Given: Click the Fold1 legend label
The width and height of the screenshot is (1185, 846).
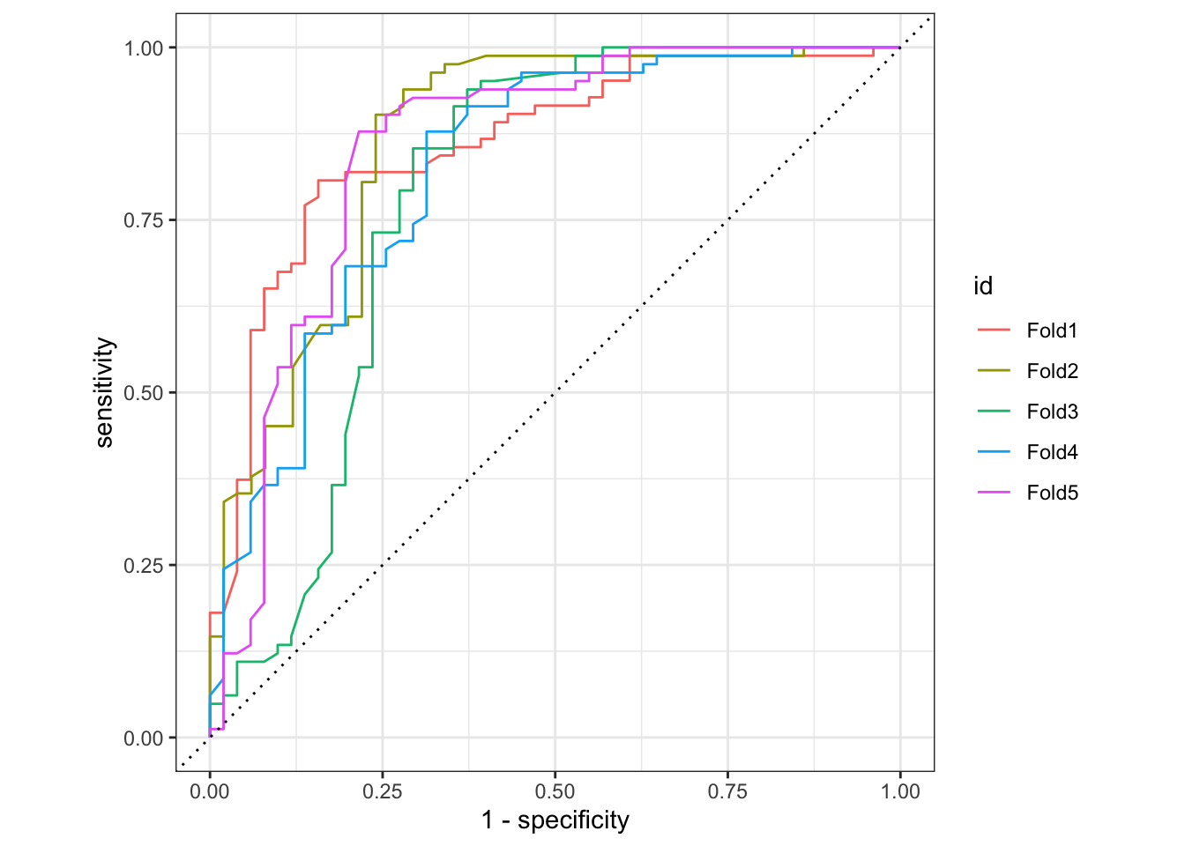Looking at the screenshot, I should pos(1052,330).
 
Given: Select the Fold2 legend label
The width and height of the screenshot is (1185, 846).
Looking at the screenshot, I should pos(1052,371).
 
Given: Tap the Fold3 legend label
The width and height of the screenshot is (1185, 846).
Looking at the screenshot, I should pos(1052,412).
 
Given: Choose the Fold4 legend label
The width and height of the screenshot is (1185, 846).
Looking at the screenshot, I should pos(1052,452).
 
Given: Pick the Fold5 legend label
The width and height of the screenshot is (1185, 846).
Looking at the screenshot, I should pos(1052,493).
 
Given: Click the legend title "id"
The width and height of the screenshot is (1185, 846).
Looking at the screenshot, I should pos(983,286).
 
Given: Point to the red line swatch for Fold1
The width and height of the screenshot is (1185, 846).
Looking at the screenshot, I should pos(994,330).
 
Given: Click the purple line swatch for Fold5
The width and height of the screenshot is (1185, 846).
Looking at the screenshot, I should pos(994,493).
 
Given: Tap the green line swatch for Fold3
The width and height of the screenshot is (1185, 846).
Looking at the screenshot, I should pos(994,412).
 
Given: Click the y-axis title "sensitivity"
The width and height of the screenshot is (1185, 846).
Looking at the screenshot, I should pos(105,392).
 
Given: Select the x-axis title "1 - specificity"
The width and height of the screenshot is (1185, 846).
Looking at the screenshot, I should pos(555,820).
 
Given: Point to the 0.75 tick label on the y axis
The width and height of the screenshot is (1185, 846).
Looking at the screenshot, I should pos(144,220).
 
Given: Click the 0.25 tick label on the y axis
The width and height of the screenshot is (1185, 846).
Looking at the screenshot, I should pos(144,566).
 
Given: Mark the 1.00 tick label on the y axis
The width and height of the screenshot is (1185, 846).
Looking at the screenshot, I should pos(144,48).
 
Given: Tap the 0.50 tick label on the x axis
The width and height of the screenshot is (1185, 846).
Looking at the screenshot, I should pos(555,791).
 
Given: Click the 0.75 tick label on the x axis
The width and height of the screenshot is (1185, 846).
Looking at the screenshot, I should pos(727,791).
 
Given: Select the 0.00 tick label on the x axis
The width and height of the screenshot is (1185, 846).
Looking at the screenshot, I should pos(210,791).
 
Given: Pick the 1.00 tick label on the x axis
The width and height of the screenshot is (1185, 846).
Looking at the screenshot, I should pos(900,791).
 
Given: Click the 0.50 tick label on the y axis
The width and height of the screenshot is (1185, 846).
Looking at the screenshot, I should pos(144,393).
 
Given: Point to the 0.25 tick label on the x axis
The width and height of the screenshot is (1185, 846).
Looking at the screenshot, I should pos(383,791).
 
